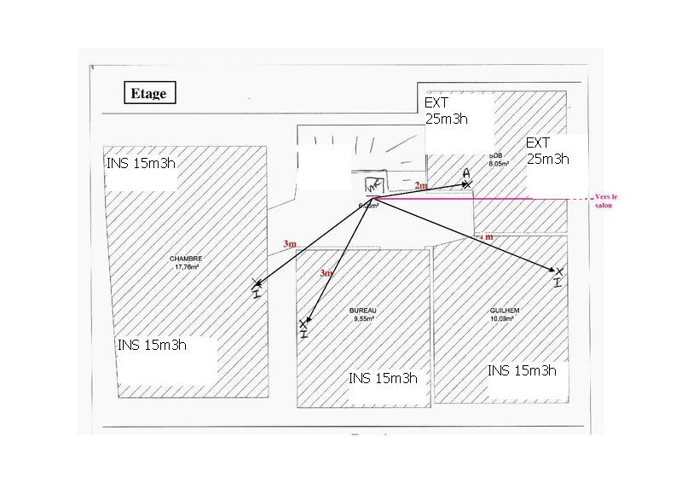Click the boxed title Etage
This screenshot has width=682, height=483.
149,93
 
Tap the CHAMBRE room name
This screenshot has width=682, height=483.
186,259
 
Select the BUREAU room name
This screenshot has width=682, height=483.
362,310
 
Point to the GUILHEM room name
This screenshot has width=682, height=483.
506,311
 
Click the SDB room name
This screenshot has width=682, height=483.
496,155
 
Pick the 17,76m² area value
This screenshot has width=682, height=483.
186,267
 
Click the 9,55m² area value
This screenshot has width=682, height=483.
362,318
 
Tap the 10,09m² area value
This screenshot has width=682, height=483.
506,318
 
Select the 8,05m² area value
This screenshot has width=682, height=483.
499,163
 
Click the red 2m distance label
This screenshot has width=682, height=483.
420,185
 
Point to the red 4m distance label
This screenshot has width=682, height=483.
487,236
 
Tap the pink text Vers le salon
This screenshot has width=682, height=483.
605,201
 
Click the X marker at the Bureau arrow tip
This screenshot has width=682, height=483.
303,324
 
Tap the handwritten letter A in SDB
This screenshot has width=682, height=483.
466,173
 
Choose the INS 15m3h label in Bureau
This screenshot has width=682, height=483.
383,378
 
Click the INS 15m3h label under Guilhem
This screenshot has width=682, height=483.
522,370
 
